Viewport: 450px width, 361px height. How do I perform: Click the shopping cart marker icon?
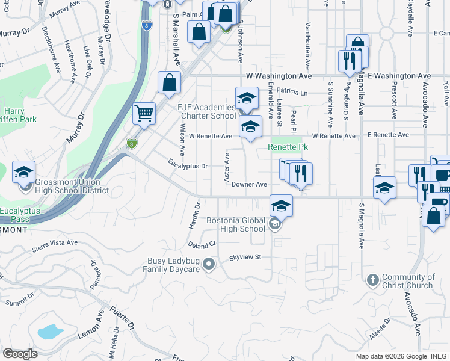pos(144,113)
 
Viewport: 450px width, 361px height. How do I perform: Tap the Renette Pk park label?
pos(288,147)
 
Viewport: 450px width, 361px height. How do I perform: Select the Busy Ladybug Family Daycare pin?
pos(209,264)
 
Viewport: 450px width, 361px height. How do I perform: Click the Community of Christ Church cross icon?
pos(373,280)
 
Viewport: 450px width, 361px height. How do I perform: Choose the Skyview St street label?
pos(245,257)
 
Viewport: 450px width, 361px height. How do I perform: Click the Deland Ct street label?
pos(201,245)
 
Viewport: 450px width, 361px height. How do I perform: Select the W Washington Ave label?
pos(279,76)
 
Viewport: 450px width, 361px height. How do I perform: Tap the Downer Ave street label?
pos(249,184)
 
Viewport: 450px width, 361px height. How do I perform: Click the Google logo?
pos(20,354)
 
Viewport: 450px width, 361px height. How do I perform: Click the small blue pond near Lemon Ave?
pos(50,331)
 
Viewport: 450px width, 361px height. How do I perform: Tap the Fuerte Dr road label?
pos(121,318)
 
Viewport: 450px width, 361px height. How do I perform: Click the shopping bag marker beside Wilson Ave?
pos(170,82)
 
